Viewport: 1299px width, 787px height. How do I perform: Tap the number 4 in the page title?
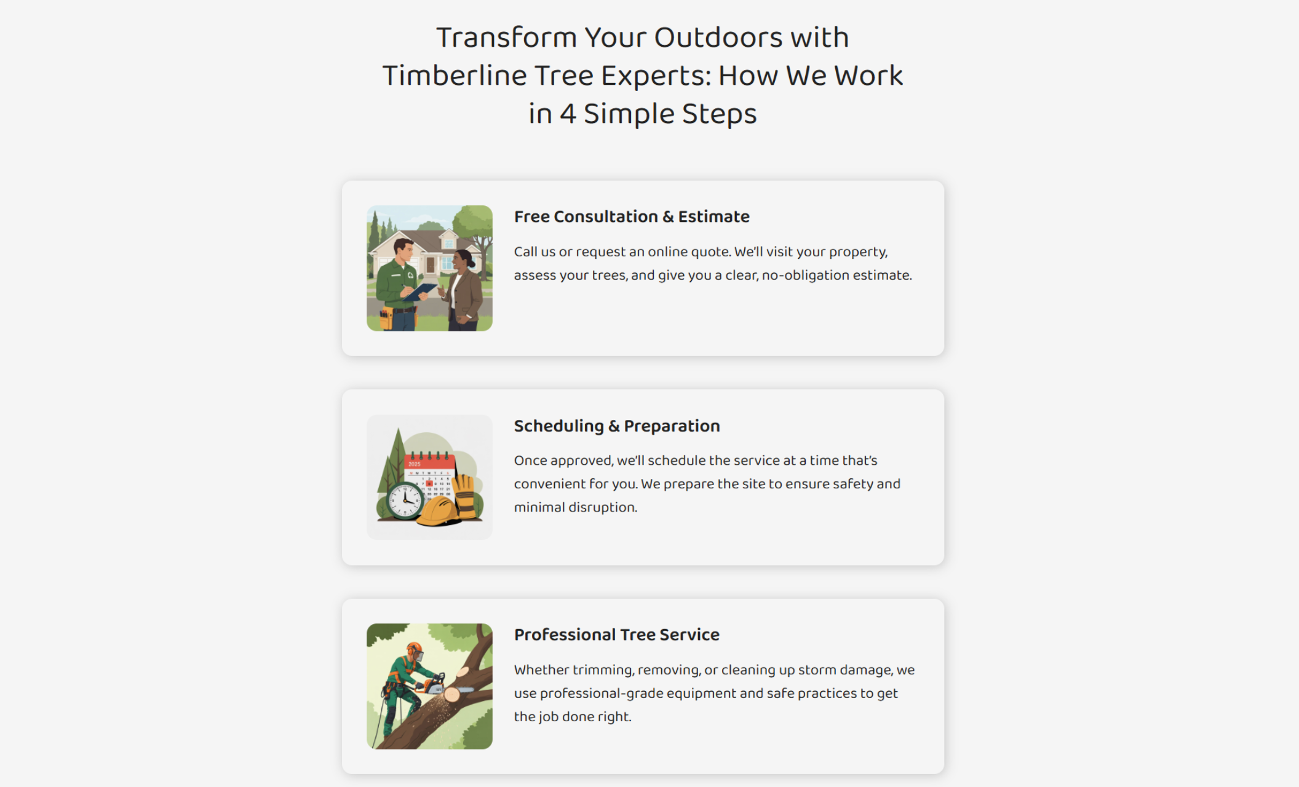tap(567, 114)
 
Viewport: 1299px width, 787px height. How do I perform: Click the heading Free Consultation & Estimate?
tap(632, 216)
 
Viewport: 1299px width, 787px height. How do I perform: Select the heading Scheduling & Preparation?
tap(617, 425)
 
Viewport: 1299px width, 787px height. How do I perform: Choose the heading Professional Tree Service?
tap(616, 635)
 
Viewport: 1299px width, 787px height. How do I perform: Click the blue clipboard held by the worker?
tap(421, 291)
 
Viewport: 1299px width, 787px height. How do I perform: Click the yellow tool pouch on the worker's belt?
tap(386, 317)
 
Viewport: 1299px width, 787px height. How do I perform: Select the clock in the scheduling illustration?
tap(405, 500)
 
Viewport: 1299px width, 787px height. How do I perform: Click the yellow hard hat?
tap(437, 511)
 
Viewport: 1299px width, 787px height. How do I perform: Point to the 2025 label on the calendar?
tap(415, 464)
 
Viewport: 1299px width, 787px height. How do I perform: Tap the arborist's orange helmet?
tap(414, 648)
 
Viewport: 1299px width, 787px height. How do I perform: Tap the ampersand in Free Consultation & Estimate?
tap(668, 217)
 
